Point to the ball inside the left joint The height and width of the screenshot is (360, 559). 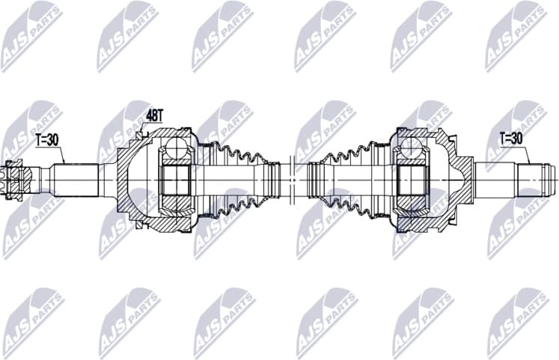click(x=176, y=146)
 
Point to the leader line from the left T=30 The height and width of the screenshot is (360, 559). click(x=63, y=153)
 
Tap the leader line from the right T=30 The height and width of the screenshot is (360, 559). click(x=527, y=153)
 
